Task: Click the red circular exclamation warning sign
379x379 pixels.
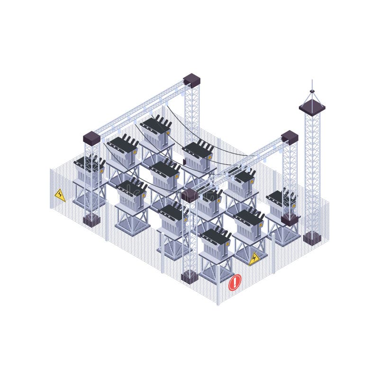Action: (x=235, y=283)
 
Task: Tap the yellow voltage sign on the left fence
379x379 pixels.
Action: (x=60, y=195)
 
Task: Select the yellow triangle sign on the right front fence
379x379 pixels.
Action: (x=254, y=259)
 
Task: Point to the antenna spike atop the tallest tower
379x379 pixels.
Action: (x=312, y=85)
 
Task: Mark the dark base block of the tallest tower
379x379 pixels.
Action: (x=312, y=237)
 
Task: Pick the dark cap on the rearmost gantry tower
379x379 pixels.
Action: (x=192, y=80)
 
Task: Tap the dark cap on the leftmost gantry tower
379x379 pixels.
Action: (x=91, y=138)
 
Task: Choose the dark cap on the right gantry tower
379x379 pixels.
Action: (x=289, y=137)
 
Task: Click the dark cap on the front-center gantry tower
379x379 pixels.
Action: (x=189, y=195)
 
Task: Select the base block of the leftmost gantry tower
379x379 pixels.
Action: (x=91, y=220)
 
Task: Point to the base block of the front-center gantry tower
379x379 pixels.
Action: (x=189, y=277)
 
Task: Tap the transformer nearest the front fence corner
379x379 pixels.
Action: (x=216, y=244)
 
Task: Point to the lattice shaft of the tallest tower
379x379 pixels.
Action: (x=312, y=171)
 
